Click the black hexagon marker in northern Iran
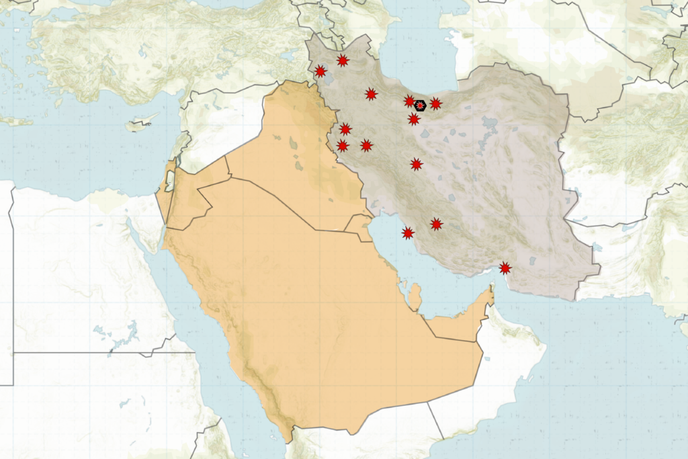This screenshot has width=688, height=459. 420,106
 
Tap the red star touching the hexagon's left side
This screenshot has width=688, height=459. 410,101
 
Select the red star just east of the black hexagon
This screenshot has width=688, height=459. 435,103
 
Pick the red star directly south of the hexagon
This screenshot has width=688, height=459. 414,120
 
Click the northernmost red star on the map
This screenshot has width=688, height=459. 343,60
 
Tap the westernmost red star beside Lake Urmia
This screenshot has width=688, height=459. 320,71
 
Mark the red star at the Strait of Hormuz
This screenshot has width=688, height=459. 505,268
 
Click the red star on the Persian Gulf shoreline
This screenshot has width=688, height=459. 408,233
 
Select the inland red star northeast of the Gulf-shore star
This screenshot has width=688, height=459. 437,224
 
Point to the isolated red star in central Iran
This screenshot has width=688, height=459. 417,164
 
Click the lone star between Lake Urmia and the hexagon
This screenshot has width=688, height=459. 371,94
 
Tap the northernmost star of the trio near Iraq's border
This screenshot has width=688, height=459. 345,129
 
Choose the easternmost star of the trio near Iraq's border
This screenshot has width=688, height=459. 366,145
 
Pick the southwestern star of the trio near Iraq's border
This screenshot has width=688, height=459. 343,146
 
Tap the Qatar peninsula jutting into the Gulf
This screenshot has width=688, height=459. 415,296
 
